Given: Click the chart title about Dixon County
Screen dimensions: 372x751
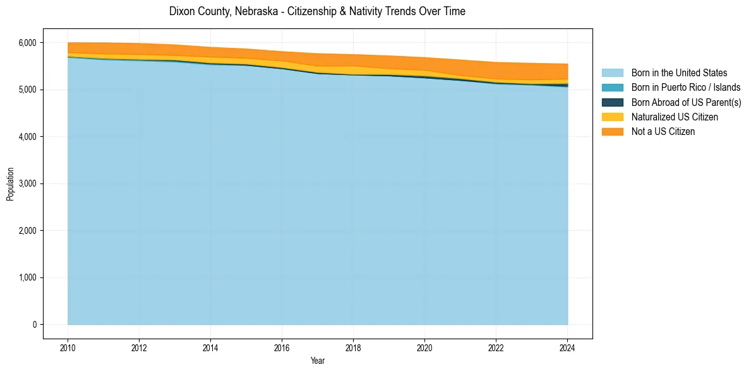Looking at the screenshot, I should (317, 11).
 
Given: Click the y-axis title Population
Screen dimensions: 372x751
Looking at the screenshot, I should (10, 183).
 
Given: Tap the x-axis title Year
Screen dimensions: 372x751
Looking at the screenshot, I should (318, 361).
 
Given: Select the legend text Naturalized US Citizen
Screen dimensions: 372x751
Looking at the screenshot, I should (675, 117).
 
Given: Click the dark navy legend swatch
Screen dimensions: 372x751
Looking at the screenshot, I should (612, 102).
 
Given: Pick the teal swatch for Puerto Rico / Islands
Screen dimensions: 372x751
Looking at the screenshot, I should (612, 88).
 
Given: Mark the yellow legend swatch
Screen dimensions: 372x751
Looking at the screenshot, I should (612, 117).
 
